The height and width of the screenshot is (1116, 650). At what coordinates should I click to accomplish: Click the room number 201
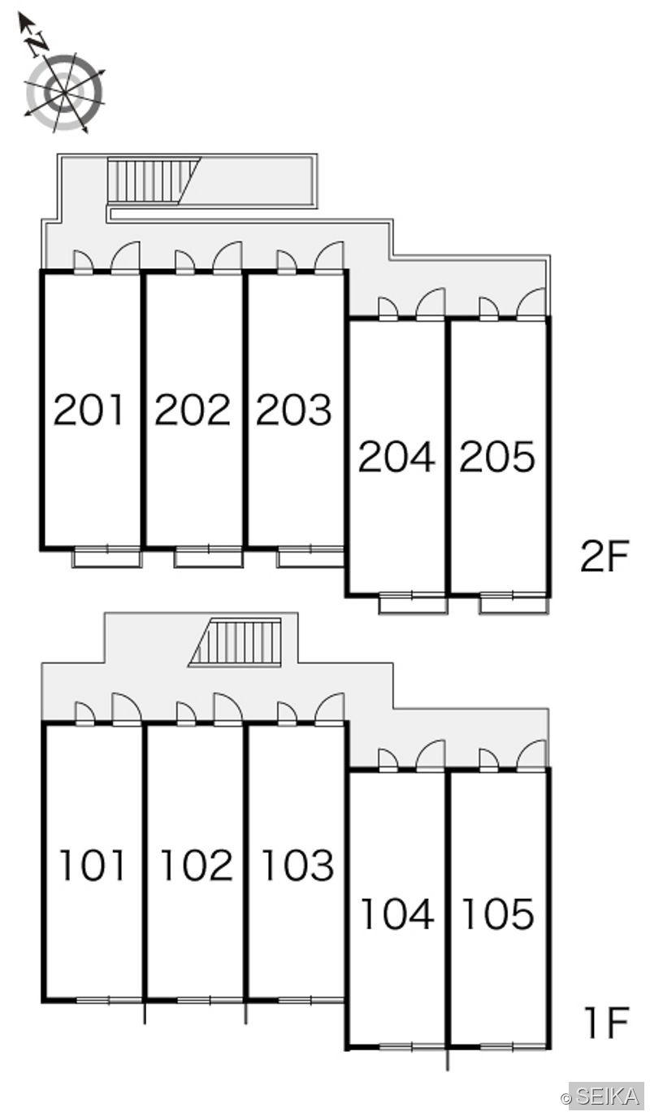point(89,410)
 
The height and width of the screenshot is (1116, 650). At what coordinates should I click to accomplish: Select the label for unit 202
point(193,410)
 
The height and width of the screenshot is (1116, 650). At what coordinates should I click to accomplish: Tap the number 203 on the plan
point(293,410)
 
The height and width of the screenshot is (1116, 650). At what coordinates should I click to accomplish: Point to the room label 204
point(396,456)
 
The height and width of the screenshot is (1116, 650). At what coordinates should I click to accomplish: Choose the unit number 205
point(497,456)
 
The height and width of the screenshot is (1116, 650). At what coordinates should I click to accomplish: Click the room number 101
point(92,866)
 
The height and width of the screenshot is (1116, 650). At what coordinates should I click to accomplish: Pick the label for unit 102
point(197,866)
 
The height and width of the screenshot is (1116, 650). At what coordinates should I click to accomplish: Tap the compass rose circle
point(64,93)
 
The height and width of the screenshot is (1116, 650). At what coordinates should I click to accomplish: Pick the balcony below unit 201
point(107,558)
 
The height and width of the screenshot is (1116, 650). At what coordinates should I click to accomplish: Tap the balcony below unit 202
point(209,558)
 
